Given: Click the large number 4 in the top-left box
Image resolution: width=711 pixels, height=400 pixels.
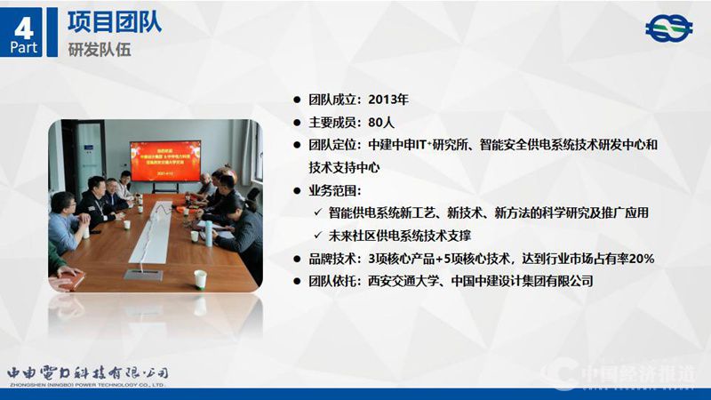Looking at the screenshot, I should [25, 21].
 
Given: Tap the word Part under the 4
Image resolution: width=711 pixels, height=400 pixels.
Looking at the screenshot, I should [25, 47].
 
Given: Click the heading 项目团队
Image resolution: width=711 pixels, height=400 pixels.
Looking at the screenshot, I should [115, 20].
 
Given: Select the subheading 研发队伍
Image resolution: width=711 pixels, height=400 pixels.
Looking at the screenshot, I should [100, 49].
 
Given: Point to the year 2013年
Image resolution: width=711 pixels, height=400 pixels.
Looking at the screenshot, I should [388, 100].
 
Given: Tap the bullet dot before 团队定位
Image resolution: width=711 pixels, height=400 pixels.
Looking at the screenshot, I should [298, 144].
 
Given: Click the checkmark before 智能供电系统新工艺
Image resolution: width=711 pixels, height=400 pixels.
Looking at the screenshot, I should [318, 212].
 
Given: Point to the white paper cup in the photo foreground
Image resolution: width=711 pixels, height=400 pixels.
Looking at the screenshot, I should [201, 279].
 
